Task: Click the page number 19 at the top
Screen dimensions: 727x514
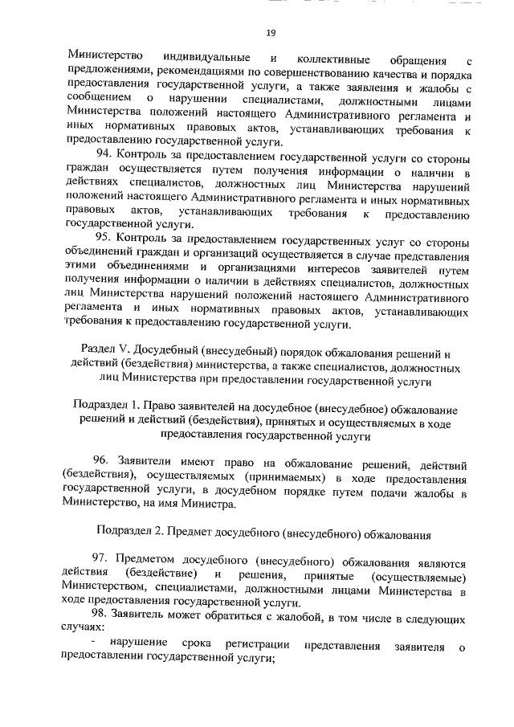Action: click(271, 32)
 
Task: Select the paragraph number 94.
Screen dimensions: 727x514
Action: click(104, 153)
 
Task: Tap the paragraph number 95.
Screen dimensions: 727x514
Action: click(104, 237)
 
